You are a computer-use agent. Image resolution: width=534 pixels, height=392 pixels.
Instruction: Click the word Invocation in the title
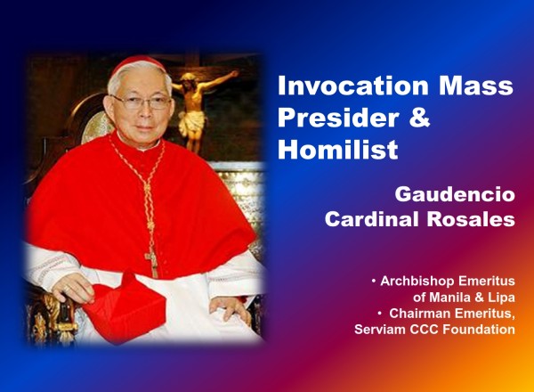(353, 86)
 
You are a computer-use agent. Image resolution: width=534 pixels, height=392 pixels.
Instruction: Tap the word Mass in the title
(476, 86)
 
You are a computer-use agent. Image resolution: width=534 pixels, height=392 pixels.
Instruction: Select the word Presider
(338, 118)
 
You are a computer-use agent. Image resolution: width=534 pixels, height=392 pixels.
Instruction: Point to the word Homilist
(337, 149)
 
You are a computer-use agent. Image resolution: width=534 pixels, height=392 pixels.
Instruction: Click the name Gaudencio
(455, 194)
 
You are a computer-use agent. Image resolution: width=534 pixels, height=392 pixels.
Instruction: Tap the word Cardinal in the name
(371, 219)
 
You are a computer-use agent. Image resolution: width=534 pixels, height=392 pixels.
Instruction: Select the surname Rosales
(471, 219)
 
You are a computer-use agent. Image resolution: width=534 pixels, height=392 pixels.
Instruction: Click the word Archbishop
(417, 281)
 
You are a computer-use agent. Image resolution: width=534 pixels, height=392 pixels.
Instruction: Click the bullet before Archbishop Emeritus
(374, 282)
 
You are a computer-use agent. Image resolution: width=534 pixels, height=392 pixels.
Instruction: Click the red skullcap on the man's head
(138, 63)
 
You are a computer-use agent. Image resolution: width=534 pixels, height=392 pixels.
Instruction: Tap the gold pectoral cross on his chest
(152, 261)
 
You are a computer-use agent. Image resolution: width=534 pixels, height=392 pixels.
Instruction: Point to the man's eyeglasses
(142, 102)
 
